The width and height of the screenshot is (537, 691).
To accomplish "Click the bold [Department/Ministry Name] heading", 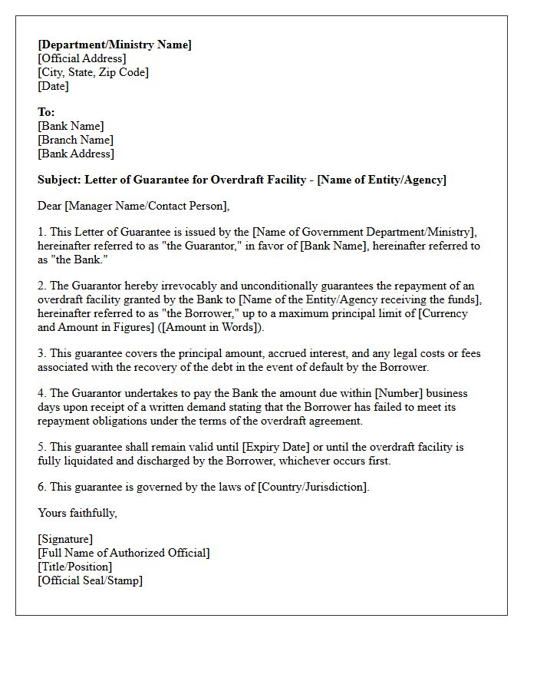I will coord(114,45).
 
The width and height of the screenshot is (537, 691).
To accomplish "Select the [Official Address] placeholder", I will coord(82,58).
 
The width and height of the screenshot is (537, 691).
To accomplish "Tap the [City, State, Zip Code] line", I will coord(93,72).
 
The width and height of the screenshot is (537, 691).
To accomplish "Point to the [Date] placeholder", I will coord(53,86).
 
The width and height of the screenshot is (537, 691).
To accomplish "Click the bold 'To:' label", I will coord(46,112).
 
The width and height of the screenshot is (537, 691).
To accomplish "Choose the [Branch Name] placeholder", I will coord(75,140).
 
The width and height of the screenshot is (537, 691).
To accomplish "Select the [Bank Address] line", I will coord(75,154).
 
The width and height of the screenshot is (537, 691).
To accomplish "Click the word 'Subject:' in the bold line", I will coord(59,180).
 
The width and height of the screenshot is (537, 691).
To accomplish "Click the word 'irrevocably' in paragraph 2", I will coord(176,286).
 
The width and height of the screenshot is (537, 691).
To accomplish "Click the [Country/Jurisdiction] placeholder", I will coord(313,487).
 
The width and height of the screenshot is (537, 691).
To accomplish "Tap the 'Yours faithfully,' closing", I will coord(77,513).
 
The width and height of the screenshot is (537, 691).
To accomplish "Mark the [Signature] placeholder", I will coord(65,539).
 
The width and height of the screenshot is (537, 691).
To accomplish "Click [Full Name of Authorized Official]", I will coord(124,553).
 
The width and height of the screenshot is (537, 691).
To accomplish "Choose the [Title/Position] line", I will coord(74,567).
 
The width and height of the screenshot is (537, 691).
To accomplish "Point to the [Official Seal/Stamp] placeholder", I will coord(90,580).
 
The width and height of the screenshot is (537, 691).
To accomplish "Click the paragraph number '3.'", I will coord(42,353).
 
